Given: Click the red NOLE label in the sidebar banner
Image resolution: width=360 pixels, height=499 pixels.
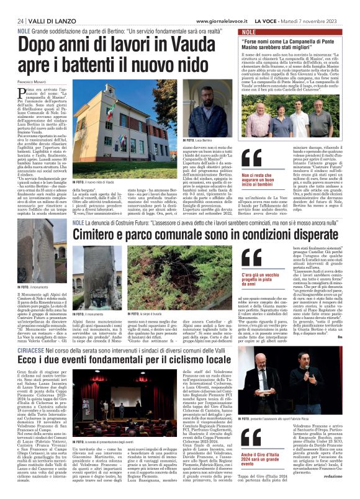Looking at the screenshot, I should pyautogui.click(x=248, y=32).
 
